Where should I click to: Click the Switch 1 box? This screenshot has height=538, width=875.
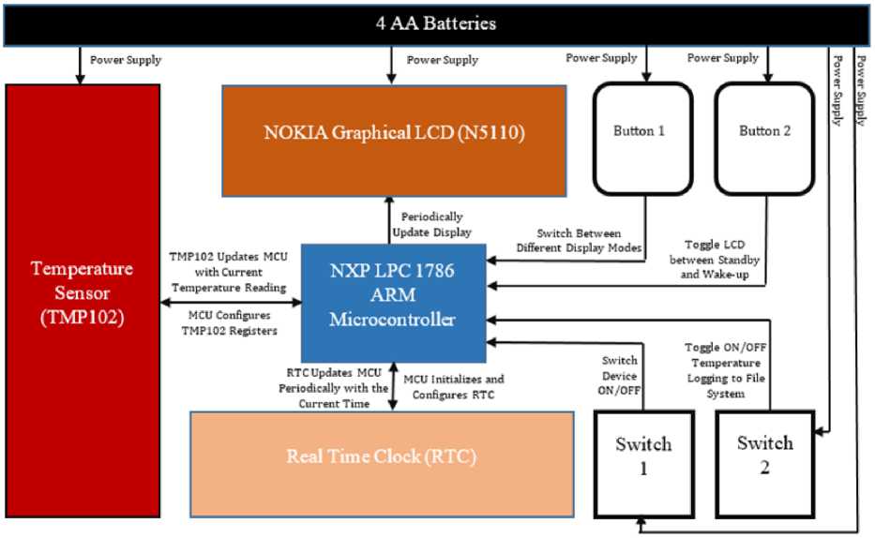(x=642, y=456)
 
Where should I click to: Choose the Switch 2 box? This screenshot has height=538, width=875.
(x=764, y=456)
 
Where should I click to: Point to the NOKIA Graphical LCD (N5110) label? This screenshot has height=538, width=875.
(x=393, y=133)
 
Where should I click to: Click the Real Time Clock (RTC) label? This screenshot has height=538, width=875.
(x=381, y=457)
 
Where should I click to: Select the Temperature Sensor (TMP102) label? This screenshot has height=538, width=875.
(x=82, y=292)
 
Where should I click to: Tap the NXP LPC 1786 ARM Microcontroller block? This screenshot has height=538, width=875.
(x=393, y=303)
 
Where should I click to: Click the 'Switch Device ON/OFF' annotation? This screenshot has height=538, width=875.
(x=619, y=375)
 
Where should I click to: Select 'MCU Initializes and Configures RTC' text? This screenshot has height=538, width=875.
(x=454, y=387)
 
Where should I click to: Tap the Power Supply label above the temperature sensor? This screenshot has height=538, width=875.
(x=126, y=60)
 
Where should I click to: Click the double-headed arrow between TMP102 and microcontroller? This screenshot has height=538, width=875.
(x=231, y=302)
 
